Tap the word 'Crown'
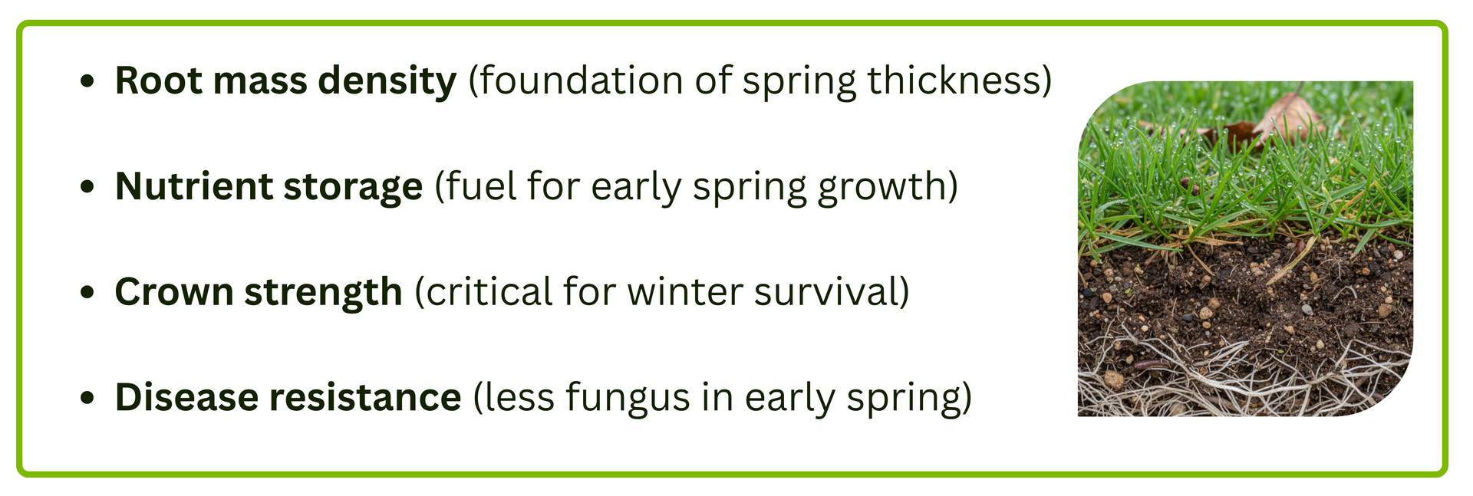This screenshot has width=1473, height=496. coord(173,292)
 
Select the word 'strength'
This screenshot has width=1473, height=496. coord(323,292)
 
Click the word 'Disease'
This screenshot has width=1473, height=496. coord(186,397)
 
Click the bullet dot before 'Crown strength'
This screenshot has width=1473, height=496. coord(88,292)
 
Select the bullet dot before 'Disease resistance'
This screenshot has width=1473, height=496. coord(88,397)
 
